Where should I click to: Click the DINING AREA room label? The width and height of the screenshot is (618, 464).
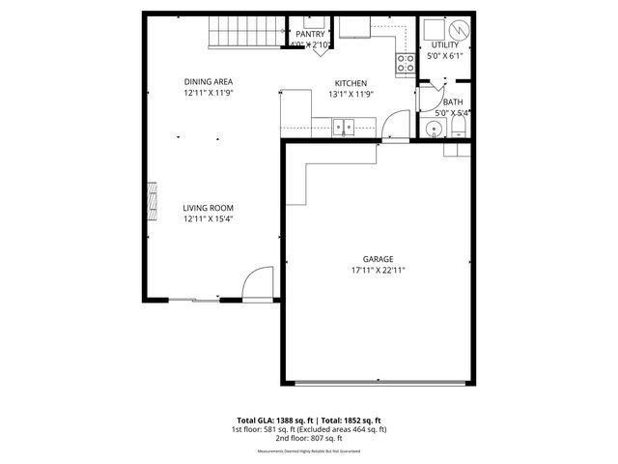tap(210, 81)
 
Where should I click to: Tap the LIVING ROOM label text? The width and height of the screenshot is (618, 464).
tap(210, 208)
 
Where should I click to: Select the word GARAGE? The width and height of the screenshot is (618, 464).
tap(378, 259)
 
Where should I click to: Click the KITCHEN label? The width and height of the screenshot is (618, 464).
tap(350, 83)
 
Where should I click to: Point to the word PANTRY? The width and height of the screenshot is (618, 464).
tap(311, 34)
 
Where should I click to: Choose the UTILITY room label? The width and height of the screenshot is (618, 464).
tap(445, 44)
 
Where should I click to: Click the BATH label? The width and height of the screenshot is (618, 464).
tap(452, 101)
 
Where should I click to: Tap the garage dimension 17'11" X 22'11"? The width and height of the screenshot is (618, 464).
tap(378, 271)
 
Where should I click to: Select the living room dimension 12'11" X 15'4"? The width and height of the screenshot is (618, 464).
tap(210, 218)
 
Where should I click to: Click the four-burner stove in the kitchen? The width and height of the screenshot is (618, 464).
tap(405, 64)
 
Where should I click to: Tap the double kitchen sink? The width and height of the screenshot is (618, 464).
tap(344, 126)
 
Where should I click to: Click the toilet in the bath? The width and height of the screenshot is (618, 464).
tap(460, 130)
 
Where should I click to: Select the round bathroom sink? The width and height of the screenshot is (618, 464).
tap(429, 130)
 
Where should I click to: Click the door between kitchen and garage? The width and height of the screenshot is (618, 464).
tap(395, 128)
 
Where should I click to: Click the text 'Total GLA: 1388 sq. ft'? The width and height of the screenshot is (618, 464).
tap(273, 420)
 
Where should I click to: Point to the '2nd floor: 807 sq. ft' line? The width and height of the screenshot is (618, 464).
tap(308, 438)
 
